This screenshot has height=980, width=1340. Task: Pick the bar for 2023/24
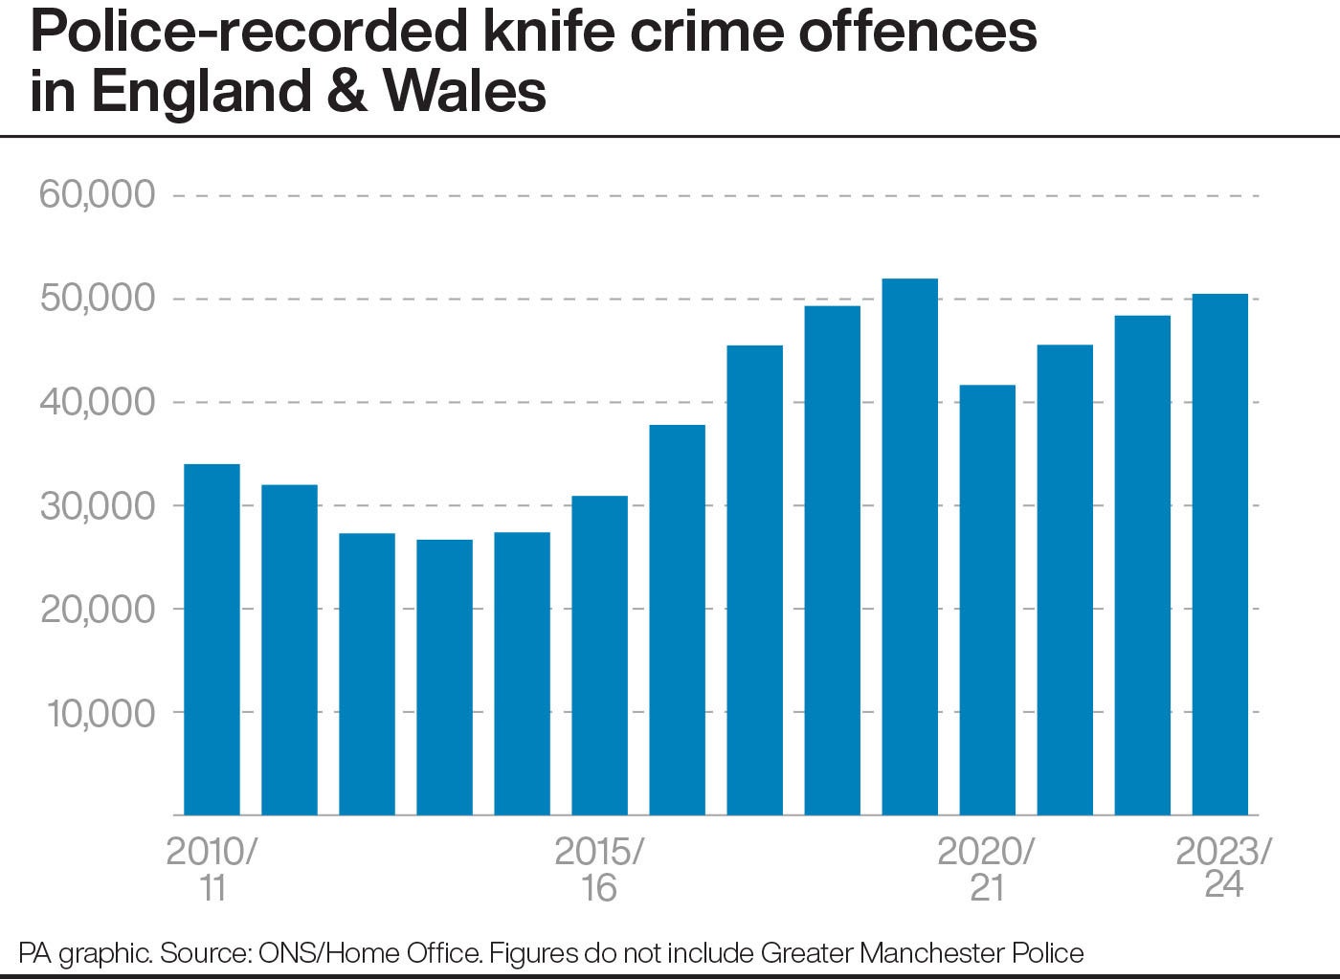coord(1219,554)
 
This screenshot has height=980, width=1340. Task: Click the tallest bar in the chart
coord(909,546)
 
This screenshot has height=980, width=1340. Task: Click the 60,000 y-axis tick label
coord(97,194)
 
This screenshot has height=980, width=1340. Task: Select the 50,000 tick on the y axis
coord(97,298)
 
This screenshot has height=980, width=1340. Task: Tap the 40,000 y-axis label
coord(97,401)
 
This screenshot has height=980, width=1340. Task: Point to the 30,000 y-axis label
coord(97,505)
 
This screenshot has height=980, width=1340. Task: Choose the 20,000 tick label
coord(97,609)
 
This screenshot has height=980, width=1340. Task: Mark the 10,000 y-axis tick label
coord(97,712)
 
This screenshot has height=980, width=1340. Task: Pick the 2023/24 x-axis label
coord(1223,867)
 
